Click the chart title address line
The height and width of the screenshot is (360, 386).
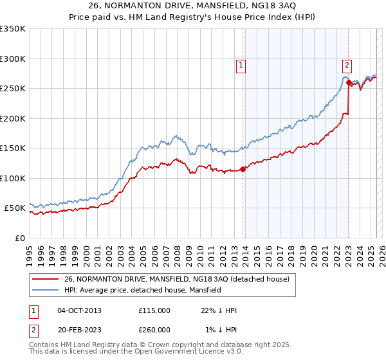coord(192,7)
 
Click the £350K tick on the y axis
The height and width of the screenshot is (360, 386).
coord(13,29)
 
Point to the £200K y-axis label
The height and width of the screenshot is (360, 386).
coord(13,118)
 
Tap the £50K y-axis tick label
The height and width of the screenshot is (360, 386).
coord(15,208)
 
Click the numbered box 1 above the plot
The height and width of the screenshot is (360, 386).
coord(241,64)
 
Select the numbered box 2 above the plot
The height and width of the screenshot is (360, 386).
coord(347,64)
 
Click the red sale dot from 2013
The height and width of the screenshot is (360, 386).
coord(243,170)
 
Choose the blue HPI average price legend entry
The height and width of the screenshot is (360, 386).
coord(142,290)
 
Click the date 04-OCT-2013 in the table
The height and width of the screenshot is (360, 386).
coord(79,310)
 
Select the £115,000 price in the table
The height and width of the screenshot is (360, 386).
coord(154,310)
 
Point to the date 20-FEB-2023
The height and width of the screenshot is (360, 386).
coord(79,329)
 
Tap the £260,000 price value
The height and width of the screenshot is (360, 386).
coord(154,329)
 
